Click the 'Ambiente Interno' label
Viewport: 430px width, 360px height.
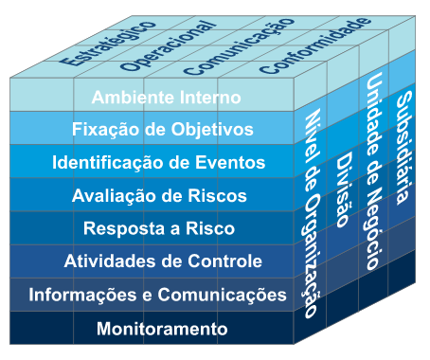pos(166,97)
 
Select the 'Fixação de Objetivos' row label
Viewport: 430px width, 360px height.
pos(162,129)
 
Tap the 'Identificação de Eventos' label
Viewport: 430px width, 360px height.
pos(158,162)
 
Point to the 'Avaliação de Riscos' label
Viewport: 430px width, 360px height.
pos(159,196)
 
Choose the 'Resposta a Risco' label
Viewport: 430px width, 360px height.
pos(159,228)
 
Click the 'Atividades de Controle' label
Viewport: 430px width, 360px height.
pos(163,261)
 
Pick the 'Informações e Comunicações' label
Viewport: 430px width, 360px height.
pos(157,296)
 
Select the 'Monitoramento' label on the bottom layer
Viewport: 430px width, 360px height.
pos(162,329)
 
